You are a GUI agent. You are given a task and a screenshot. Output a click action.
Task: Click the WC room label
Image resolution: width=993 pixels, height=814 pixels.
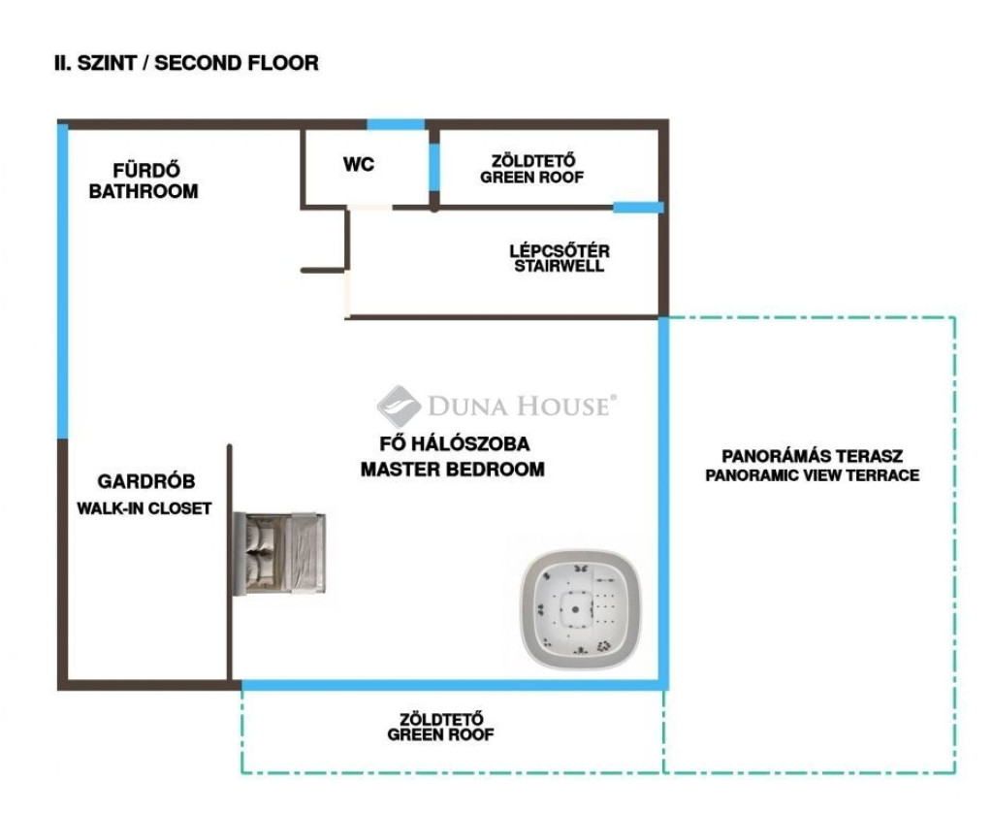[358, 164]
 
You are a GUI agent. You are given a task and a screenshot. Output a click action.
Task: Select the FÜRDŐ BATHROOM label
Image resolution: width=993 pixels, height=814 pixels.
[144, 181]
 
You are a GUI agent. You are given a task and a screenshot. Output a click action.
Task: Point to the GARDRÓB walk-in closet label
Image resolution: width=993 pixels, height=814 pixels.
[145, 494]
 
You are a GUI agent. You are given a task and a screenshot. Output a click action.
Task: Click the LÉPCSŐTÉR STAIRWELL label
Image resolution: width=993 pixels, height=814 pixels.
[560, 258]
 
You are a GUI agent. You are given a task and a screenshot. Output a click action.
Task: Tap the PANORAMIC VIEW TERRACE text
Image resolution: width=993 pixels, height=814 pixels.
[812, 475]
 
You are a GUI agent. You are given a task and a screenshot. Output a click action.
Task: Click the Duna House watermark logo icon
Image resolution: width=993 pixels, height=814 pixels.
[398, 406]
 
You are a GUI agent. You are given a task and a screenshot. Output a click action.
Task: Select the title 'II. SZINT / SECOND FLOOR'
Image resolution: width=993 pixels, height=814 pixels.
[186, 63]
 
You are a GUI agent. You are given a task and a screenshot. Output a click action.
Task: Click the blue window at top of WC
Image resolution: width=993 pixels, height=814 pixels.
[396, 124]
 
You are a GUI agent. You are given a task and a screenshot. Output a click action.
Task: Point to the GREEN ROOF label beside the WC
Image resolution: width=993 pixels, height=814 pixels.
[532, 169]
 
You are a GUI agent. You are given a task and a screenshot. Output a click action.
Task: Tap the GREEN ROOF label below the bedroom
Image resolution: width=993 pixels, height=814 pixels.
[441, 727]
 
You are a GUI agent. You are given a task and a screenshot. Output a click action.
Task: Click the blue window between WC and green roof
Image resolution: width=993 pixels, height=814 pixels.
[434, 166]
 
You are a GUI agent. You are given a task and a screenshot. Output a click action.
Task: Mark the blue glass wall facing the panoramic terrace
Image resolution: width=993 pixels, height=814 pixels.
[664, 500]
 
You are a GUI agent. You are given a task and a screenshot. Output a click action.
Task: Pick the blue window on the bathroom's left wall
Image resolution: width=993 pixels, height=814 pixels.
[63, 281]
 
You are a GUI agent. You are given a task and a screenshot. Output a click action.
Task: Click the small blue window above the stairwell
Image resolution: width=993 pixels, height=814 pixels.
[638, 207]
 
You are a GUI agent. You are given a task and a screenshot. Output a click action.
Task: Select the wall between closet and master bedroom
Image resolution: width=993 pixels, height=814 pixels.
[230, 563]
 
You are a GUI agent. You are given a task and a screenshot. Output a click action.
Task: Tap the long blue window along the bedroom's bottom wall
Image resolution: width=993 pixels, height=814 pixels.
[451, 684]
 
